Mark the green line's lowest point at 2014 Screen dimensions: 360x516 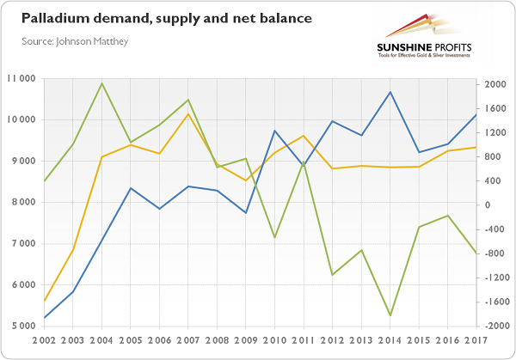coord(390,315)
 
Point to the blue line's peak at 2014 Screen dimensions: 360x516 coord(390,92)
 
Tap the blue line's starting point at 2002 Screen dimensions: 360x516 coord(44,318)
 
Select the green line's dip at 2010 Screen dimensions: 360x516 coord(274,237)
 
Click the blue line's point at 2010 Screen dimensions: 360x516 coord(274,131)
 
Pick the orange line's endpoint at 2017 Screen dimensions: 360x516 coord(476,147)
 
